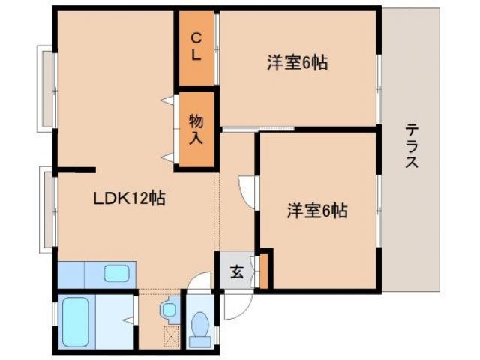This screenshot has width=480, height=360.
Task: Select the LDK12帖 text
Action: (x=129, y=199)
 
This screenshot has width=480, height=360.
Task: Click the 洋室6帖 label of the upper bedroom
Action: (x=297, y=63)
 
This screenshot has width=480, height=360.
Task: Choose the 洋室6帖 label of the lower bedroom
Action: (x=316, y=211)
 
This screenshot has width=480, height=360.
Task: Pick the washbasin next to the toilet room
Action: (x=169, y=308)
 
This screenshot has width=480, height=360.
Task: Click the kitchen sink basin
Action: (x=117, y=274)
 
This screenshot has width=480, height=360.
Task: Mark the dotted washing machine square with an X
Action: (x=172, y=336)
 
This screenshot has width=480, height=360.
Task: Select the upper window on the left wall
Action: (x=47, y=88)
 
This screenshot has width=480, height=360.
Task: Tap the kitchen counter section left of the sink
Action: (x=73, y=274)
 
